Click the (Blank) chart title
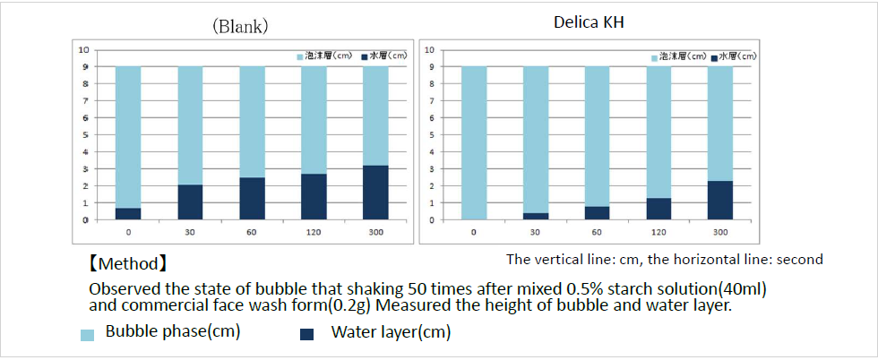(239, 26)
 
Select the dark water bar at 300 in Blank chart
(375, 193)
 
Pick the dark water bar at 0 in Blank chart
(129, 213)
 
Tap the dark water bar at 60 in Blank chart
(252, 199)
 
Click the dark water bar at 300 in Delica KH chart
(720, 201)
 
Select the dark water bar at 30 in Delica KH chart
(536, 216)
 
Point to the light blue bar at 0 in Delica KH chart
(474, 142)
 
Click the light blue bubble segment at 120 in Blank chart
(314, 120)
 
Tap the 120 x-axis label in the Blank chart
(314, 232)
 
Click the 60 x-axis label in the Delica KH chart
(598, 232)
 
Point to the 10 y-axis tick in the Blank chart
(83, 49)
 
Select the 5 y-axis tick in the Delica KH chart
(432, 134)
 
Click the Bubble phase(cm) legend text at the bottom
(173, 332)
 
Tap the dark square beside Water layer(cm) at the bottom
(307, 334)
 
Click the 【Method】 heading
(127, 265)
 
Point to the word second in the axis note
(801, 260)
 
